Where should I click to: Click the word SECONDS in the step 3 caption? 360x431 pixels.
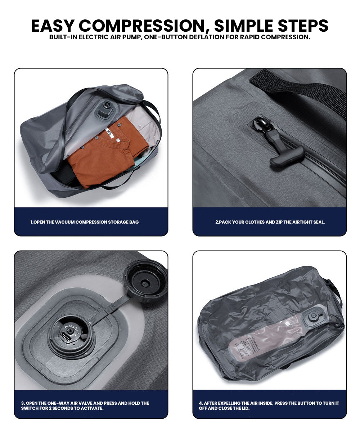[58, 408]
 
